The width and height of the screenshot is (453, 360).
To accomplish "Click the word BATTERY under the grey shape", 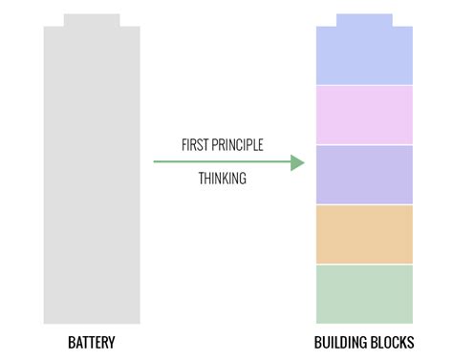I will pos(92,342).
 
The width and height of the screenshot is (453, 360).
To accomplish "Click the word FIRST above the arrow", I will pos(196,145).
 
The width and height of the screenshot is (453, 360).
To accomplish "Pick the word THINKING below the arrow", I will pos(223,179).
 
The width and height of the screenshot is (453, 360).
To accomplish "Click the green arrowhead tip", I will pos(303,162).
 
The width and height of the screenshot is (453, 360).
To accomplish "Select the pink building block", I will pos(364,115).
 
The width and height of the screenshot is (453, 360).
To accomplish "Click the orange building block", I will pos(364,234).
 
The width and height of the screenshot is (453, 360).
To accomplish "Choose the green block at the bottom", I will pos(364,294).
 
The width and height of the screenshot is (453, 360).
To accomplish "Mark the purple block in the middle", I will pos(364,174).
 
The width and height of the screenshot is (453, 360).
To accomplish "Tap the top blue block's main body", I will pos(364,57).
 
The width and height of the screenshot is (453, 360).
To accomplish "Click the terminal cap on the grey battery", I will pos(92,20).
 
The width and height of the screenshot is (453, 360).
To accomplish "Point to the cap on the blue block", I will pos(364,20).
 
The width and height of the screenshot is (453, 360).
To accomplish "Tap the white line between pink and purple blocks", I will pos(364,144).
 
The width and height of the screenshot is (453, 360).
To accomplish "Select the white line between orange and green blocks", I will pos(364,265).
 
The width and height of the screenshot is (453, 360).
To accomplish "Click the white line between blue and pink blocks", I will pos(364,85).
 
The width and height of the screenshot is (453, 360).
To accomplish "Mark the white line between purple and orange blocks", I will pos(364,204).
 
